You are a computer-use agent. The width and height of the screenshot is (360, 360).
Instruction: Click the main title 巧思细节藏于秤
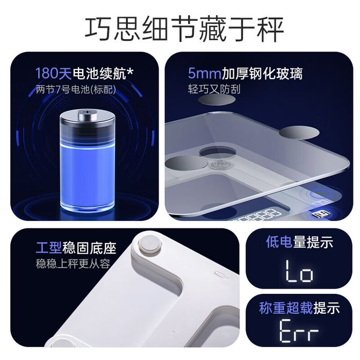[x=184, y=29]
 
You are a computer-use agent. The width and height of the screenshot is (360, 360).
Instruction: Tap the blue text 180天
[x=54, y=73]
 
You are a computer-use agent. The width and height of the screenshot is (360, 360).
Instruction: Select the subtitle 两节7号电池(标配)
[x=76, y=89]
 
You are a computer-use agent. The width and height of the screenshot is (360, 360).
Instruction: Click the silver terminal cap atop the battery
[x=87, y=114]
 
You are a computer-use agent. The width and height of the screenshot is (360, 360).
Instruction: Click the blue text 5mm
[x=205, y=74]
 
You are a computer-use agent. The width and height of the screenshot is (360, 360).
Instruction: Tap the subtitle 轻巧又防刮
[x=214, y=89]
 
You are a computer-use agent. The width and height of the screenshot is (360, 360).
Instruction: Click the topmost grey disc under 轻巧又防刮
[x=217, y=100]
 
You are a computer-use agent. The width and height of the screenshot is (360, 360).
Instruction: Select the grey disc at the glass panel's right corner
[x=299, y=133]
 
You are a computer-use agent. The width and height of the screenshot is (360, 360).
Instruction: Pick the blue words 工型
[x=49, y=248]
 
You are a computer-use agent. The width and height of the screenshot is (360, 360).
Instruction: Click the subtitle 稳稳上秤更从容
[x=73, y=264]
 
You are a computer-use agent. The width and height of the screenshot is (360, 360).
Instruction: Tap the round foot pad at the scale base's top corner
[x=150, y=244]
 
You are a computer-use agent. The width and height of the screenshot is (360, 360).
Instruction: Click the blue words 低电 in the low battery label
[x=279, y=242]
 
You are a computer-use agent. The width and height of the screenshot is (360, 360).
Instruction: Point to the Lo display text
[x=299, y=271]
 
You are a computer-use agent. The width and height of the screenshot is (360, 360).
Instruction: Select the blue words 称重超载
[x=286, y=308]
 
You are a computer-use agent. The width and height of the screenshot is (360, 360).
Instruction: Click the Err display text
[x=299, y=331]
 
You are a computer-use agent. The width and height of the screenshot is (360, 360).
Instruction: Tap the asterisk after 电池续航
[x=129, y=71]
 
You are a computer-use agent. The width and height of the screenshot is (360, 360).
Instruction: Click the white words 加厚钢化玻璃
[x=262, y=74]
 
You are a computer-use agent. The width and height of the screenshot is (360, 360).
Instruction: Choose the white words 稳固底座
[x=89, y=248]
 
